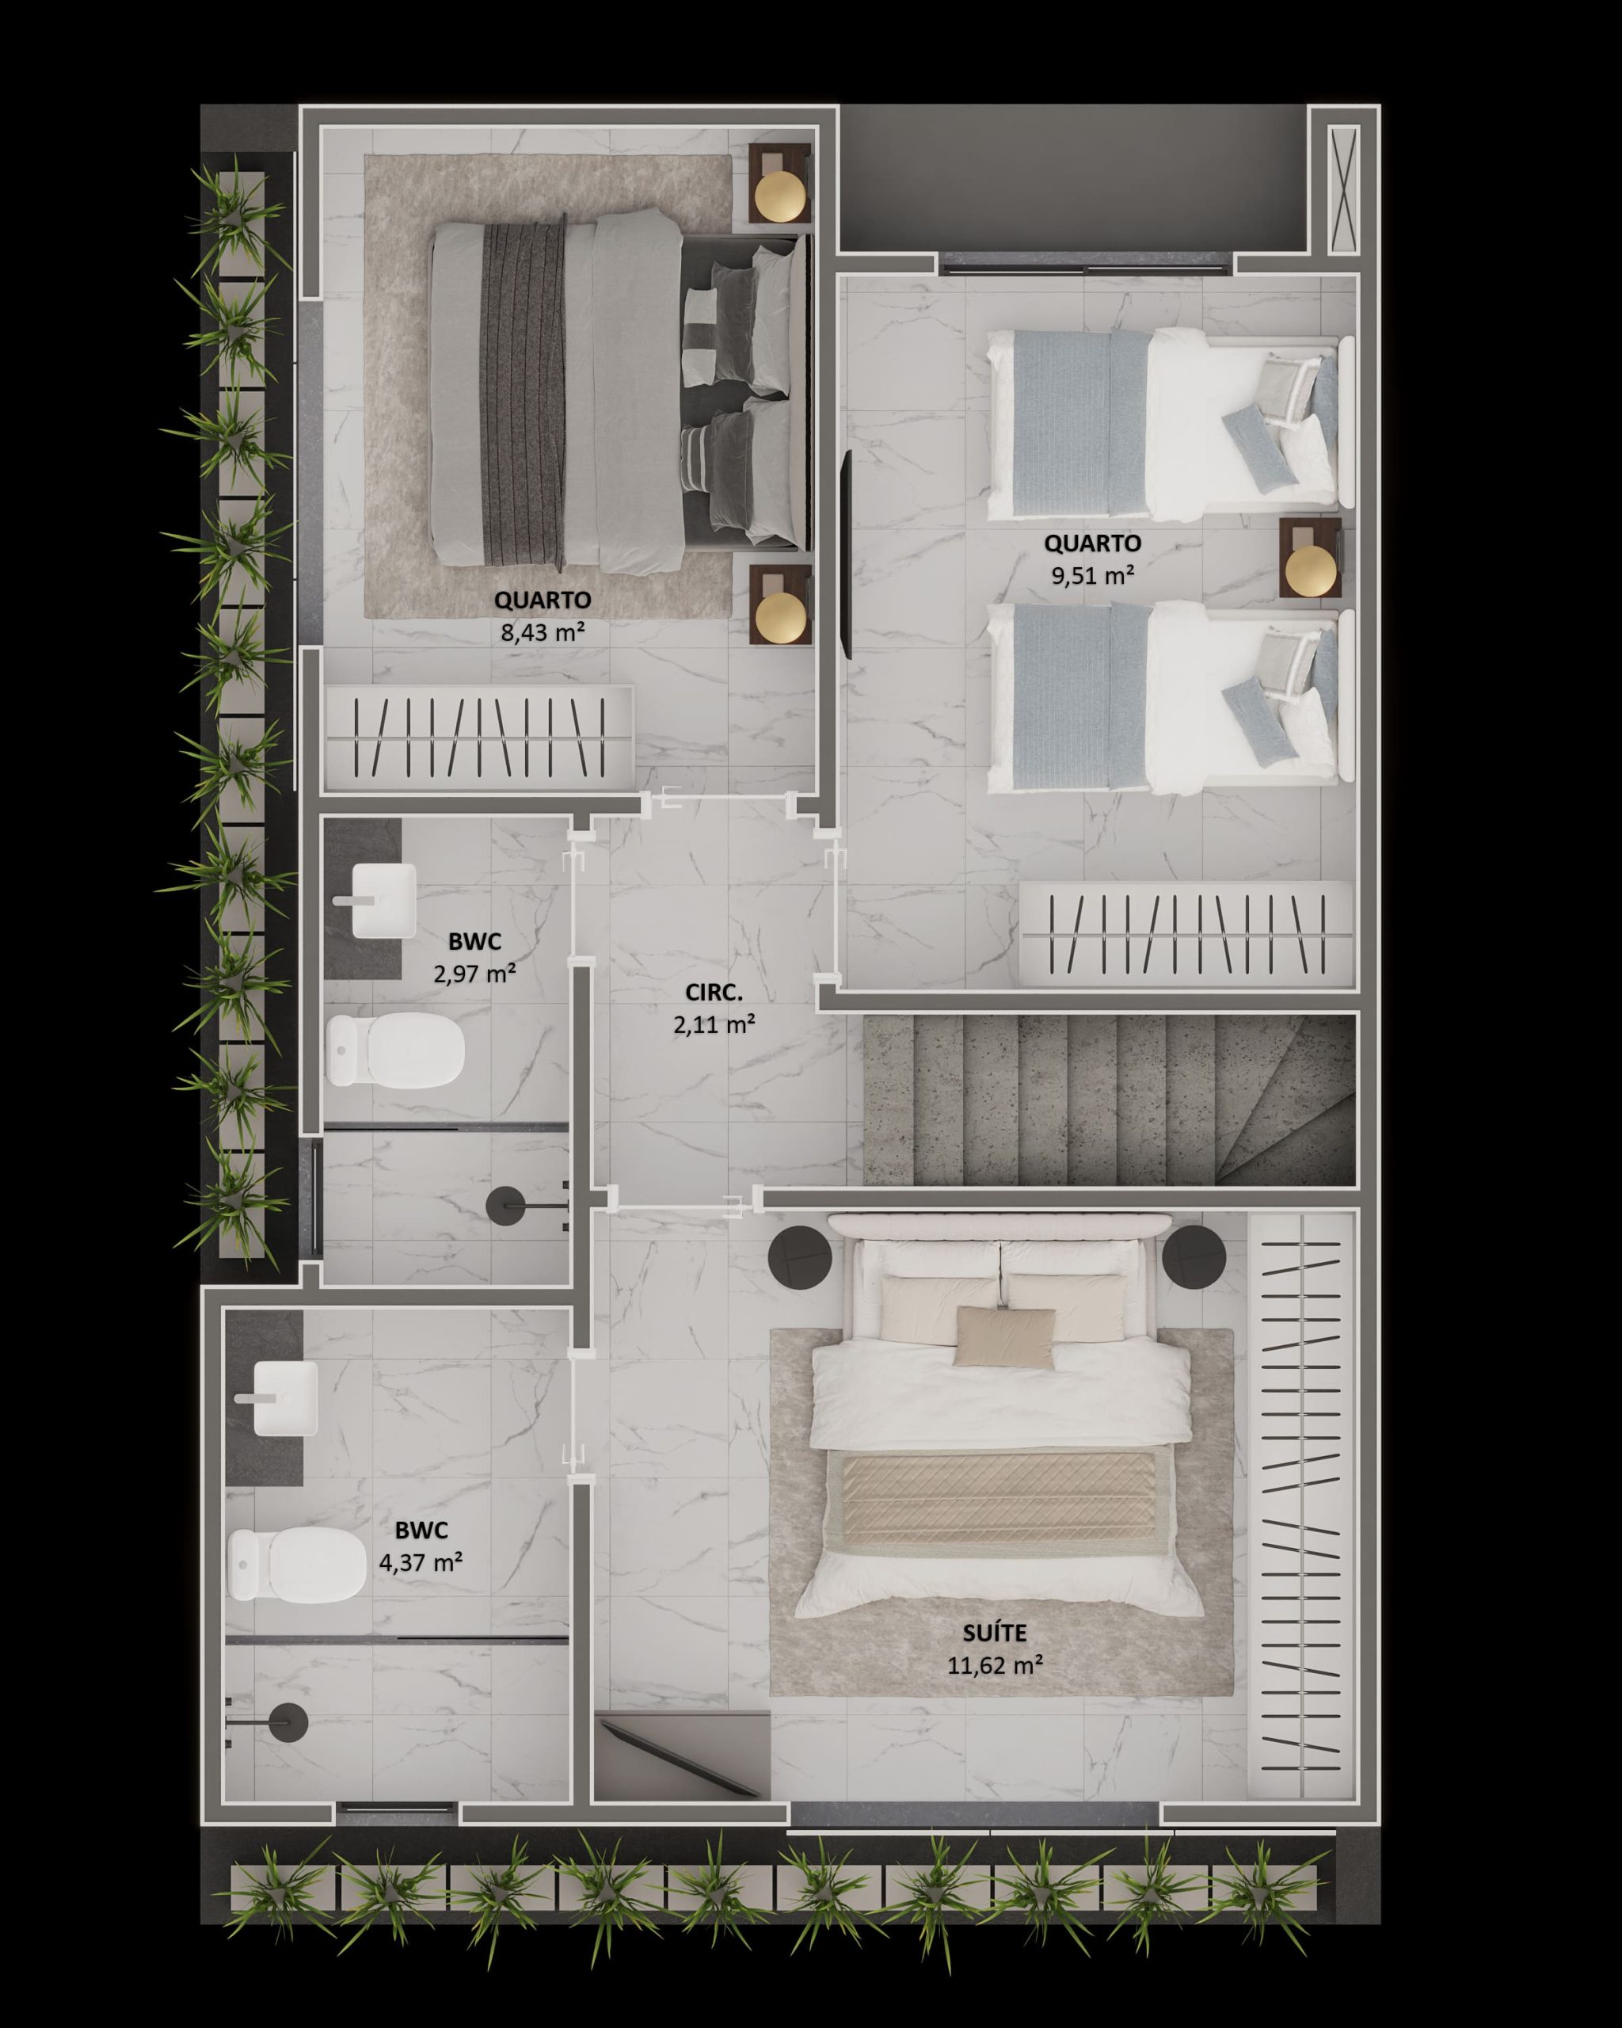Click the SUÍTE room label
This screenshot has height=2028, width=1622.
[994, 1633]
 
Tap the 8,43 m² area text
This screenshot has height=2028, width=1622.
[543, 631]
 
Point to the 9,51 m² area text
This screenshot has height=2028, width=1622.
[1093, 574]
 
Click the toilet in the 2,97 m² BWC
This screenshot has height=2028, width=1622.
[396, 1049]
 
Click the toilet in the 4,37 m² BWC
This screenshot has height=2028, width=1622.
[297, 1565]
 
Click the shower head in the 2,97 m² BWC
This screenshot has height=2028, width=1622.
[507, 1206]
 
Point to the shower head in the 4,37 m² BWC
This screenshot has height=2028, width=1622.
[287, 1721]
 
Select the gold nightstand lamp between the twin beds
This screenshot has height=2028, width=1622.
[1310, 568]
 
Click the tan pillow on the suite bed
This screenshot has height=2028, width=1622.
[1004, 1336]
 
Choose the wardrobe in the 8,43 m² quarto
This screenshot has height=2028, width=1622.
[478, 738]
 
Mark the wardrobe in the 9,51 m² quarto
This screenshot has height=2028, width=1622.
[1187, 934]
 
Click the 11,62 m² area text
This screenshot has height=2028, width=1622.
[995, 1665]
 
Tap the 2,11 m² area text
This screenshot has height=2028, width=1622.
[714, 1024]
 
